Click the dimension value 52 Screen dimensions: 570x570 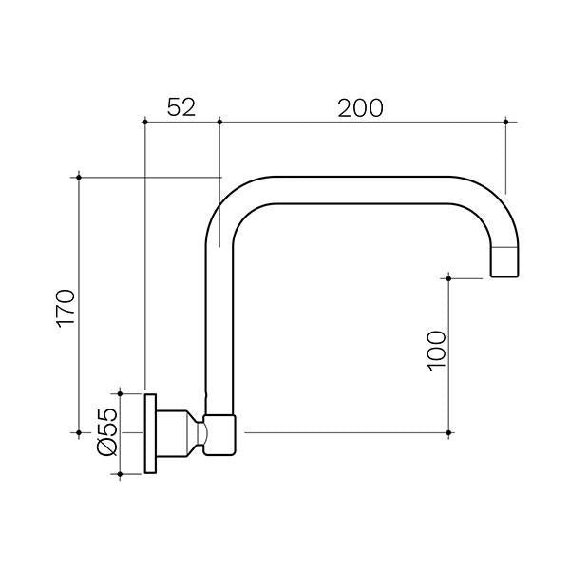[x=180, y=106]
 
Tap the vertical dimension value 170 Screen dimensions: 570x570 [x=64, y=306]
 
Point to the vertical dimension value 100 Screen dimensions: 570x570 [x=435, y=351]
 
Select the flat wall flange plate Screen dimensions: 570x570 [x=150, y=433]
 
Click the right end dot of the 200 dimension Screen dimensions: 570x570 [x=505, y=122]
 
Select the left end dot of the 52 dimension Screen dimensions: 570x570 [x=143, y=122]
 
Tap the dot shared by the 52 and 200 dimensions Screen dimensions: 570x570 [x=219, y=122]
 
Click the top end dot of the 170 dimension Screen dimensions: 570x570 [x=79, y=177]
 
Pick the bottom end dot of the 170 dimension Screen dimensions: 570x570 [x=79, y=433]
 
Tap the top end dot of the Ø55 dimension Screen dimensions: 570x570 [x=121, y=391]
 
